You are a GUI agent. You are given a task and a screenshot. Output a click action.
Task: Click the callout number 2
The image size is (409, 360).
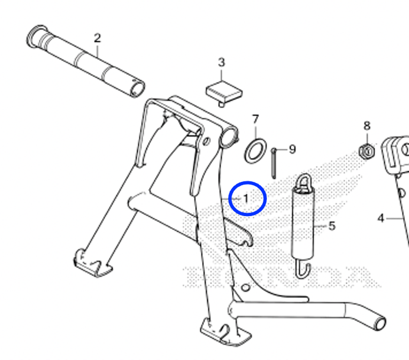click(x=97, y=38)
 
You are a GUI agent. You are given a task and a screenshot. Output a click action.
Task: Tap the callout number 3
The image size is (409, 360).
click(x=221, y=62)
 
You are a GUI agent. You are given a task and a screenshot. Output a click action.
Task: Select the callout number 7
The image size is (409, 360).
click(x=256, y=119)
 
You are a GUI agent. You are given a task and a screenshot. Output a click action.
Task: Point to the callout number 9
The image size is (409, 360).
click(x=293, y=149)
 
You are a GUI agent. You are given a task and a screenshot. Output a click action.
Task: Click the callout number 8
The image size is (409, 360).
click(x=367, y=126)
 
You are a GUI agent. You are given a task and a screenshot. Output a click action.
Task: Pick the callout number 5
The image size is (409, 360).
click(x=332, y=226)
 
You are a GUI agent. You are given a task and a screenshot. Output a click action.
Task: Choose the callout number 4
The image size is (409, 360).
click(x=381, y=218)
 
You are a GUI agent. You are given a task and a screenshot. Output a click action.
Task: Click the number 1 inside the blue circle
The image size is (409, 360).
click(x=246, y=199)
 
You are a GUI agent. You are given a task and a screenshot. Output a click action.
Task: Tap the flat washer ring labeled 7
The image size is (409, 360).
click(x=256, y=151)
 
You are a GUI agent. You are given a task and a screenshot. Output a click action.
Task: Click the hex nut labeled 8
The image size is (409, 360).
click(x=367, y=151)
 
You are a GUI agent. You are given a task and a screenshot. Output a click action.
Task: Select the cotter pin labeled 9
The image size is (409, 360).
click(x=274, y=163)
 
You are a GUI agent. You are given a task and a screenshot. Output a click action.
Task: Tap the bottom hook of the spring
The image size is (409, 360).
click(x=303, y=271)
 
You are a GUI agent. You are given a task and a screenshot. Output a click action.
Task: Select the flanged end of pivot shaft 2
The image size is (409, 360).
click(x=36, y=36)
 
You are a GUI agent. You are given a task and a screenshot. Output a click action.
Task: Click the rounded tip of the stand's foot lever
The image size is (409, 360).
click(x=379, y=323)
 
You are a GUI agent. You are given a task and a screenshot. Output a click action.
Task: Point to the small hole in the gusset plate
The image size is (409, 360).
click(x=246, y=288)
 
